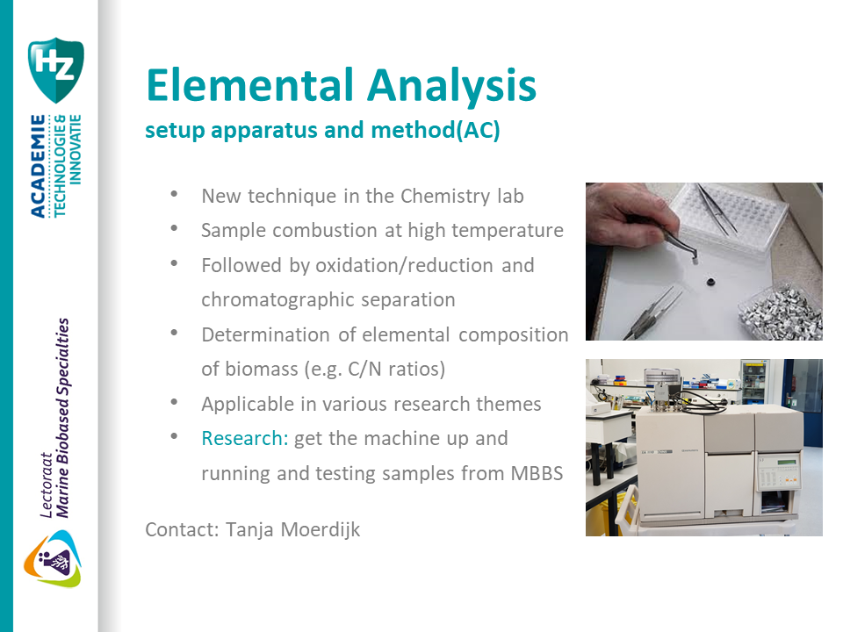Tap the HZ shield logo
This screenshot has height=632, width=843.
point(55,69)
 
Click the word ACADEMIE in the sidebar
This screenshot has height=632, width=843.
point(38,167)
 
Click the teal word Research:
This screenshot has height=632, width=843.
point(245,438)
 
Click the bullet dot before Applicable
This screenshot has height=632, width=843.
point(176,403)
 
